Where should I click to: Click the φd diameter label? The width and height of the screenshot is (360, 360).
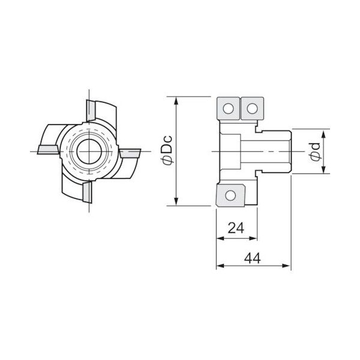coord(315,152)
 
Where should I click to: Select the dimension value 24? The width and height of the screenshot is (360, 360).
coord(236,228)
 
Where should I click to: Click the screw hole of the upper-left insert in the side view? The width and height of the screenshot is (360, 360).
coord(228,108)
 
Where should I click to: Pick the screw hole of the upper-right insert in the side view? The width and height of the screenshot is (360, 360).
coord(252,108)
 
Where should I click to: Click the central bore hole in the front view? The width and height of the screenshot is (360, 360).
coord(88,150)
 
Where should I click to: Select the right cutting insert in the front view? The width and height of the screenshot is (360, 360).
coord(129,154)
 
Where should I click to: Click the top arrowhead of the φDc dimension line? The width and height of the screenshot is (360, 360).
coord(176,100)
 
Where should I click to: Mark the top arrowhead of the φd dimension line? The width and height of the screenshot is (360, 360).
coord(325,132)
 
